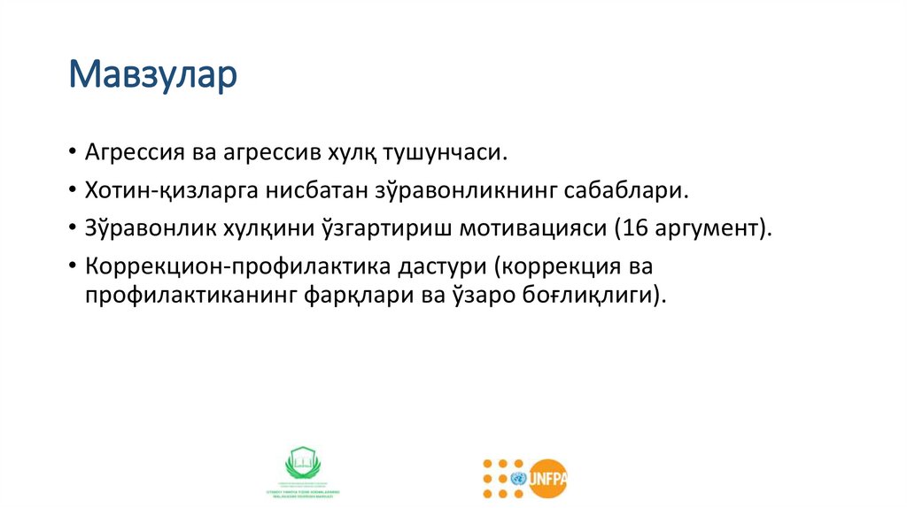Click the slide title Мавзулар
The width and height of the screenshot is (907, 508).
point(154,75)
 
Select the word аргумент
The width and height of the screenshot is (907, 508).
point(709,227)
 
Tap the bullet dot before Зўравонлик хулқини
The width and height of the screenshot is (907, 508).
point(71,227)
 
